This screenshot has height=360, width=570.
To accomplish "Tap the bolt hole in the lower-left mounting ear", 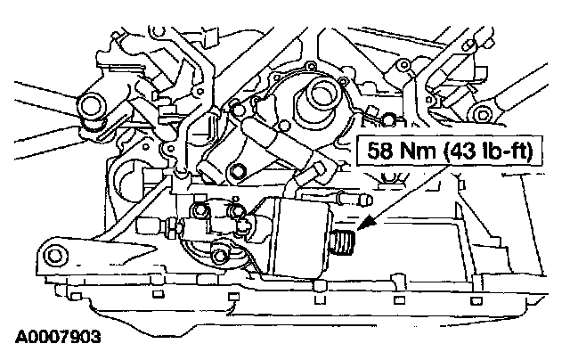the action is click(56, 258).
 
